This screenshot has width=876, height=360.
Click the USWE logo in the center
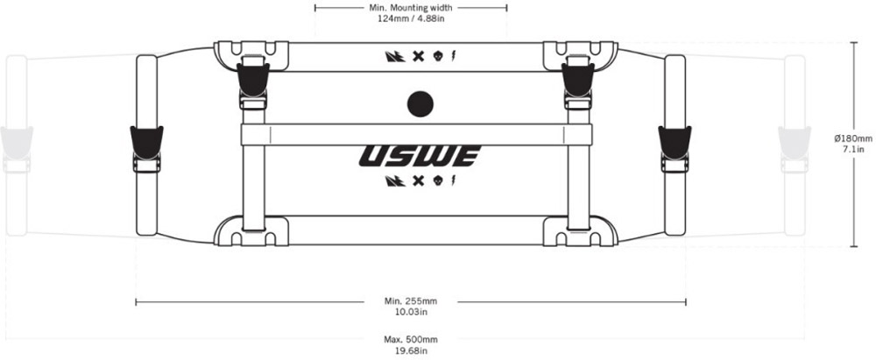[420, 157]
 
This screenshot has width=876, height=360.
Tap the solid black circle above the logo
[420, 104]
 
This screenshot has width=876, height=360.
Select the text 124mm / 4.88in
[411, 18]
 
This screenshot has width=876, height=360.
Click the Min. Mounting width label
[411, 8]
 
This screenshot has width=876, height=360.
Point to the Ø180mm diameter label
[853, 138]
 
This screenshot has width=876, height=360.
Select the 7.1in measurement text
[853, 149]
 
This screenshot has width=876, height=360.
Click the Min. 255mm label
[411, 301]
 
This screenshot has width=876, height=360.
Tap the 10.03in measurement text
[411, 312]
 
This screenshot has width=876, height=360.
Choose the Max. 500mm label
[411, 339]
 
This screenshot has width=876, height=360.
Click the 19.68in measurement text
[411, 350]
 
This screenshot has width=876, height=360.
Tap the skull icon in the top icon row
[437, 56]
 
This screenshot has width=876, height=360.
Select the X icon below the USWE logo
[415, 180]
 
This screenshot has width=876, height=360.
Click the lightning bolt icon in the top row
[452, 56]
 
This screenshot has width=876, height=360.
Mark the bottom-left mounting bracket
[251, 230]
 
